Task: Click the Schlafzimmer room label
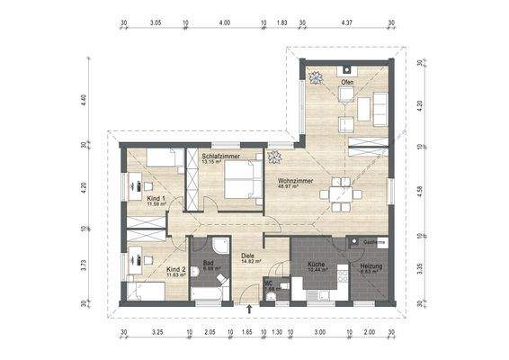[220, 157]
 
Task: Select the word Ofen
[347, 83]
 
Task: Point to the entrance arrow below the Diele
[249, 310]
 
